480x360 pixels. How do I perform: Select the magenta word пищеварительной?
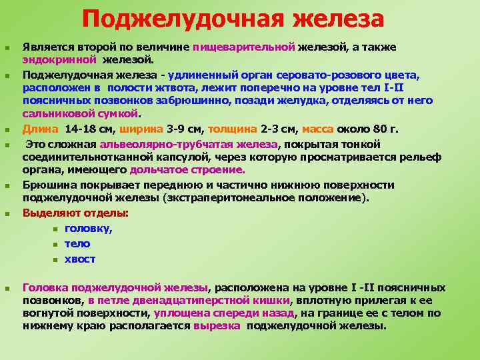click(244, 47)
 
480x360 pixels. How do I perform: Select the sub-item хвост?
click(80, 259)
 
